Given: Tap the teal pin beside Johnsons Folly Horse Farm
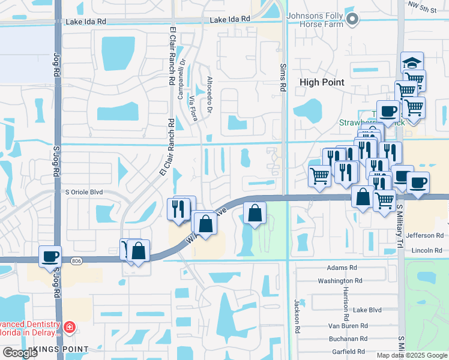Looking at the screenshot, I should [x=353, y=20].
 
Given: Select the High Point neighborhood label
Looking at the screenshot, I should [x=322, y=82].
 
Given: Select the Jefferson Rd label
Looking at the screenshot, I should [x=424, y=236].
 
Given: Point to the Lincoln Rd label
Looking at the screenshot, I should [x=427, y=250].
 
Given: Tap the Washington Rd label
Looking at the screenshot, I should [x=340, y=280].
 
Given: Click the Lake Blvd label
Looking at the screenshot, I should [x=367, y=310].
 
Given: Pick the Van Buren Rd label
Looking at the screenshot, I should [x=360, y=325].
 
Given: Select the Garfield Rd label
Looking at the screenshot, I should [x=349, y=354].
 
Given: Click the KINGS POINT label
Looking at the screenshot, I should [x=61, y=349].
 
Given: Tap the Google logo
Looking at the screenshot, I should [x=20, y=353].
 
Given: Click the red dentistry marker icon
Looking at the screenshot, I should [x=70, y=327].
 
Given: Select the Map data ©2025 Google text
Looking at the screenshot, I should [x=411, y=355].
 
